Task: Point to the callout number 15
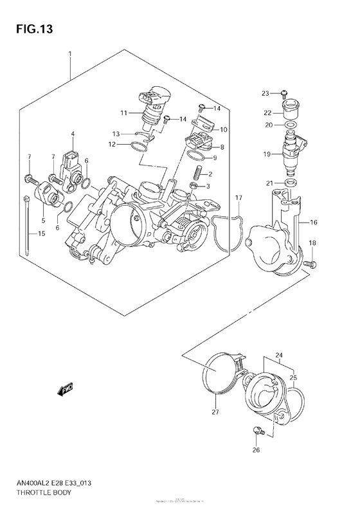pos(42,233)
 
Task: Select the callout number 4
pos(73,134)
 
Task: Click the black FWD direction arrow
pos(66,388)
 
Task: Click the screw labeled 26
pos(256,432)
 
